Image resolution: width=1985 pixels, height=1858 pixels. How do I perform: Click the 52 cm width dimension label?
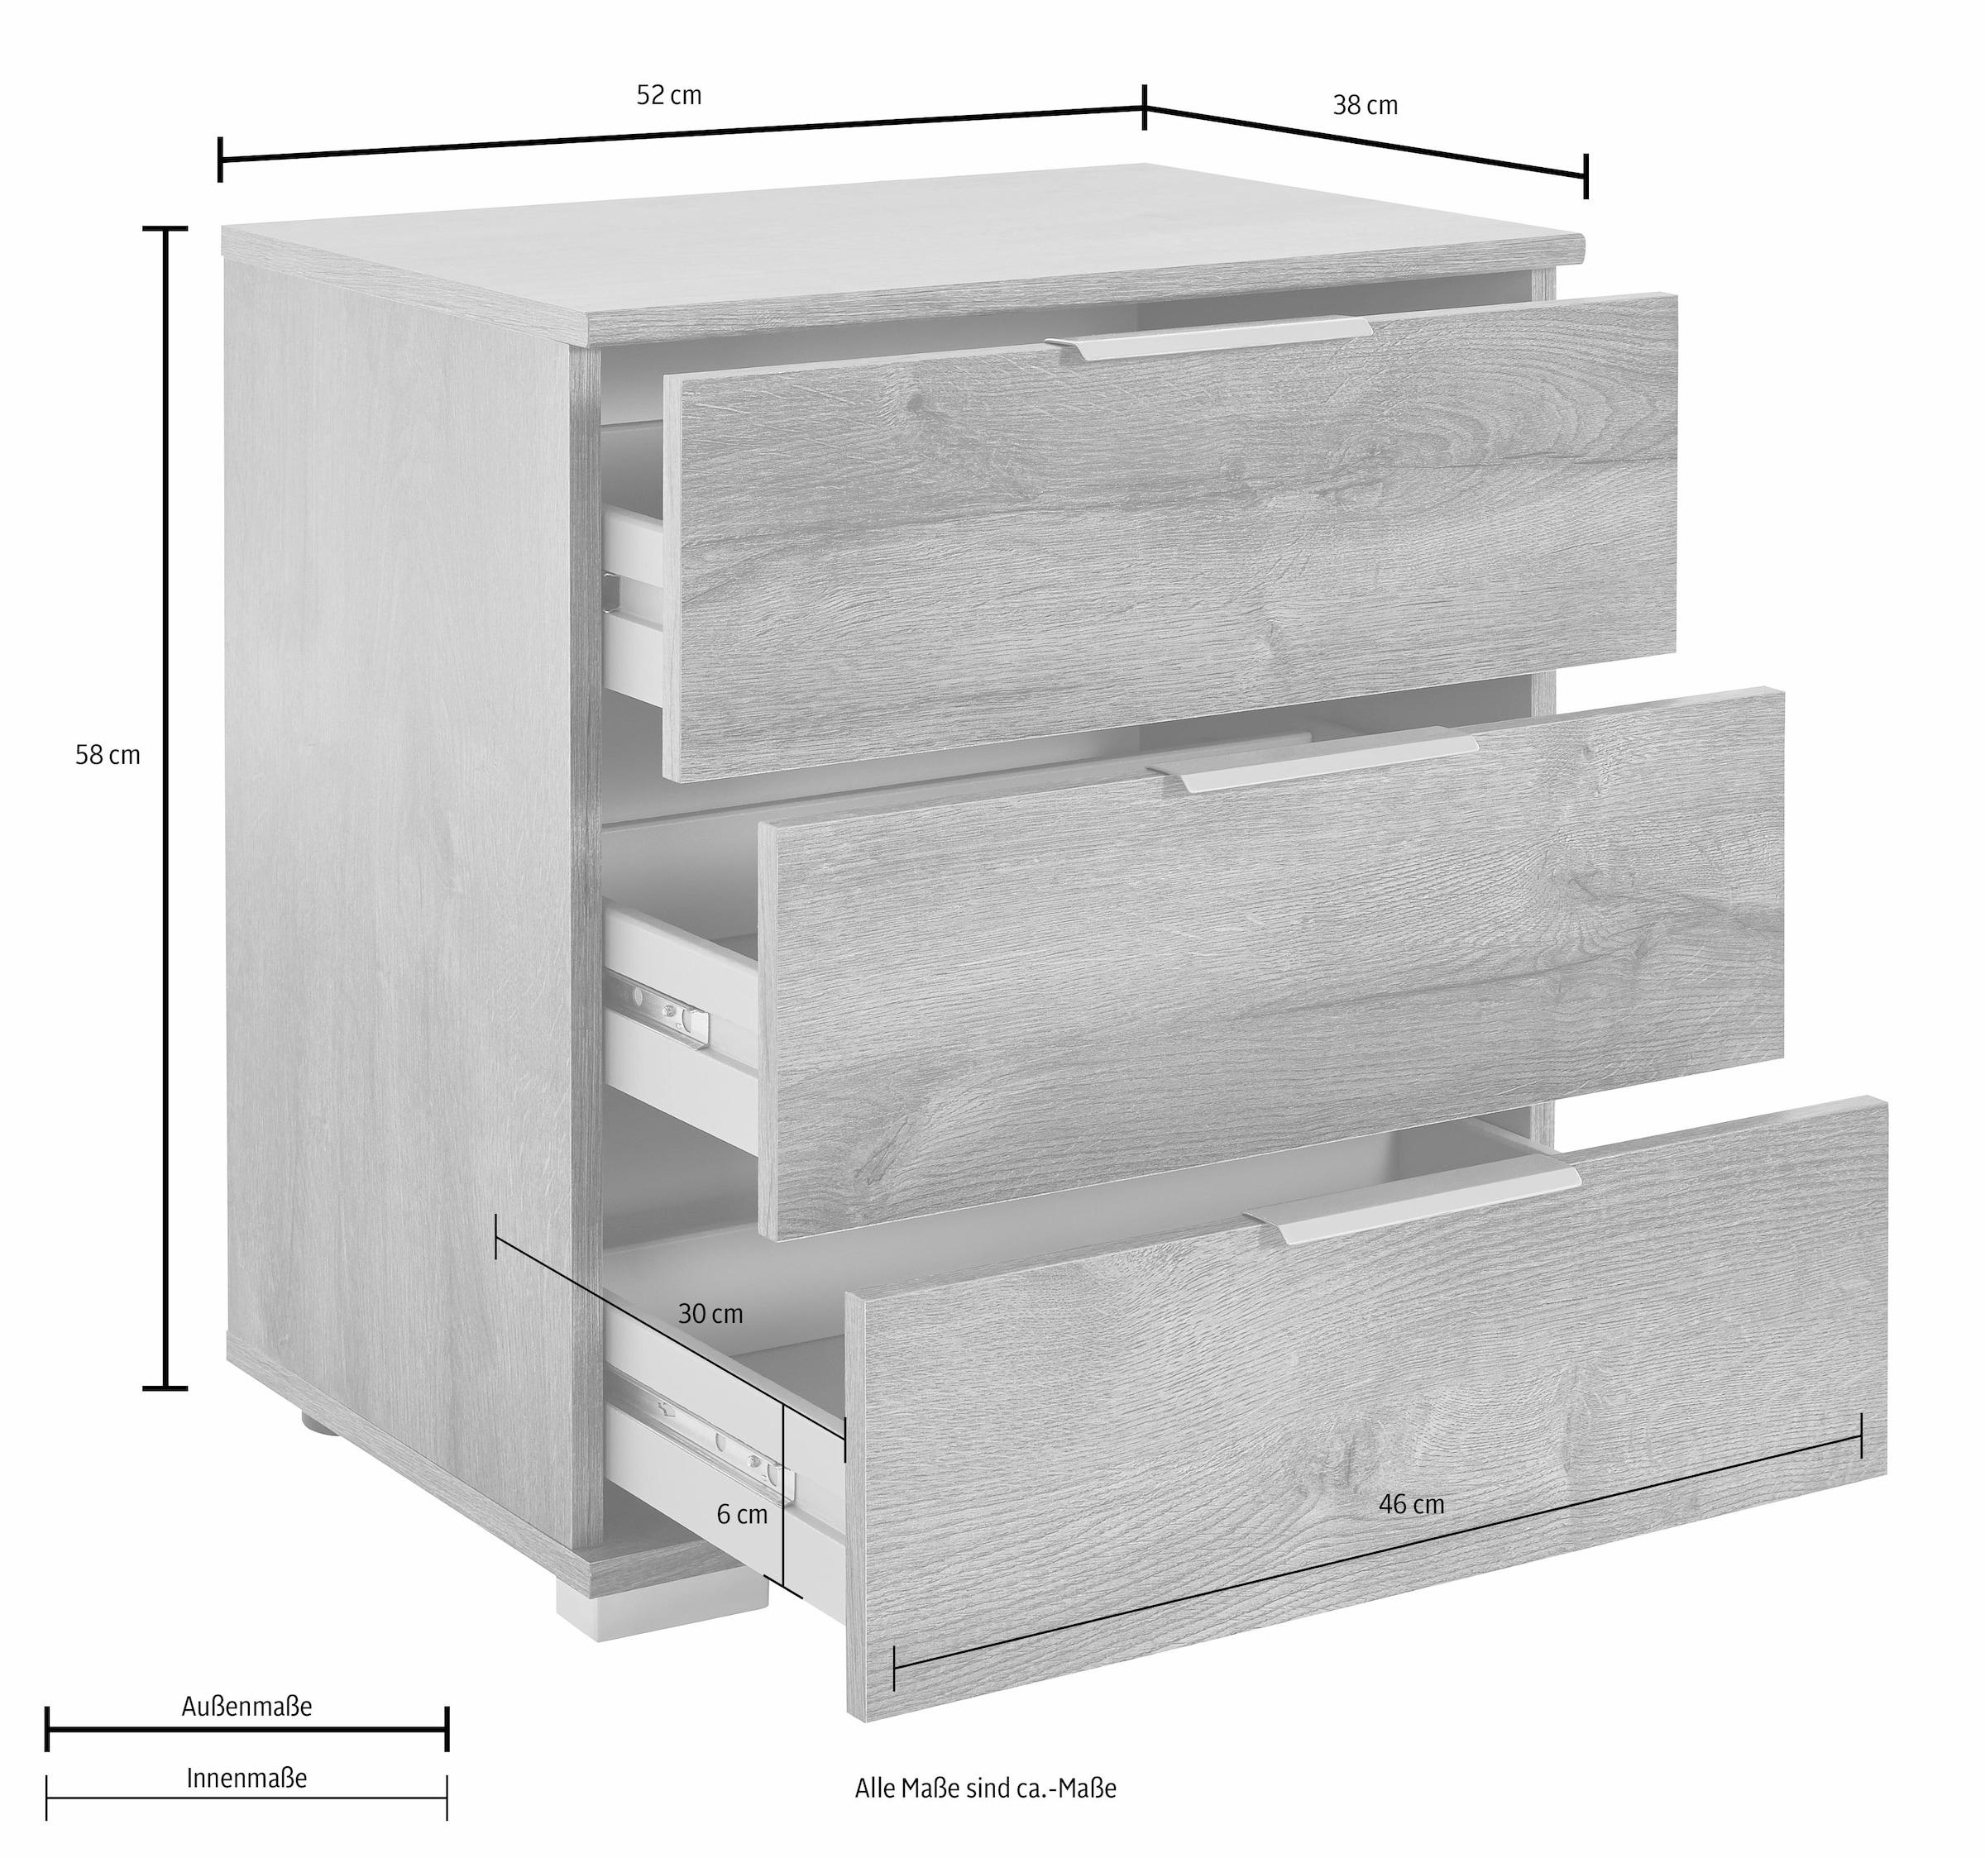669,96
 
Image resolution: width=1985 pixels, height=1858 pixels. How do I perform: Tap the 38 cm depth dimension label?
1365,106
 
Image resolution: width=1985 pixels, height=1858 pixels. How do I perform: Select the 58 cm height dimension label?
108,756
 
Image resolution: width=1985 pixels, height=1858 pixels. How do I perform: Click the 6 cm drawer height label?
742,1515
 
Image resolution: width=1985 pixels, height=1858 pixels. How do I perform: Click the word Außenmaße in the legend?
246,1706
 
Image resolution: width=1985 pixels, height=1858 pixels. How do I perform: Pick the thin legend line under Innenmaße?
246,1798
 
